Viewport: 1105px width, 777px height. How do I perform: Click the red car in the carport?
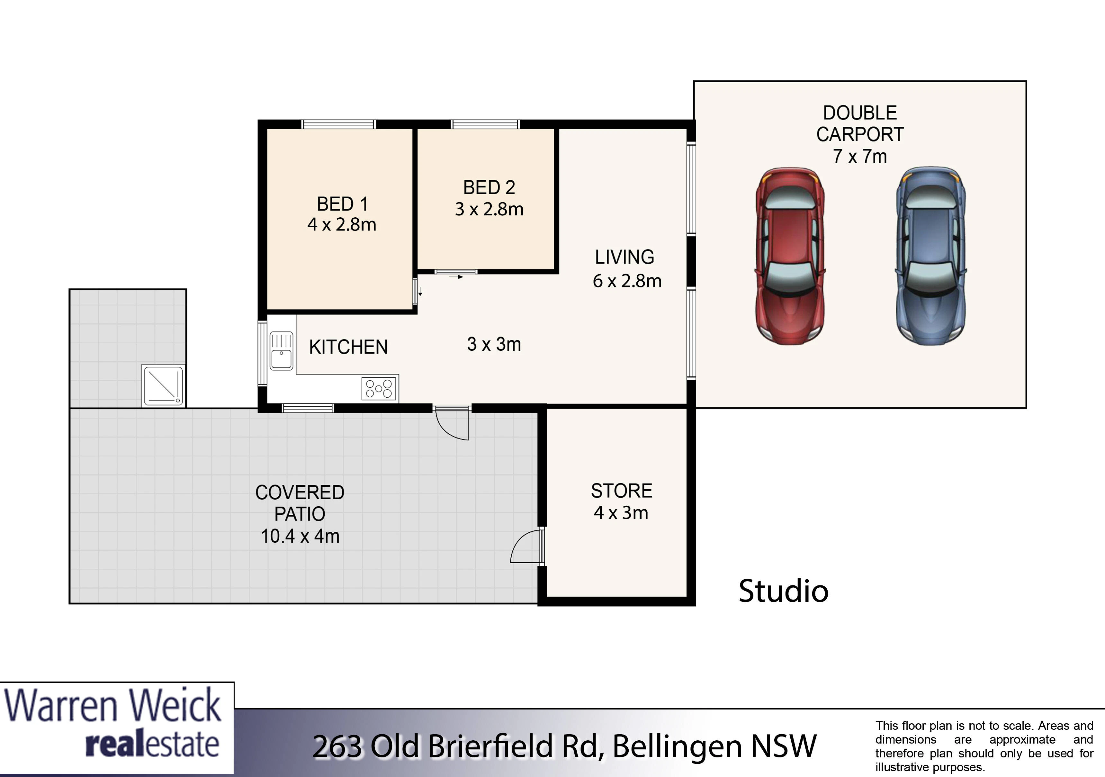pyautogui.click(x=790, y=256)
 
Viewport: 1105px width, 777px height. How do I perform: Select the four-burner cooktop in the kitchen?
pyautogui.click(x=380, y=388)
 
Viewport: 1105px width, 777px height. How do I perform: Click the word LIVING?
pyautogui.click(x=625, y=257)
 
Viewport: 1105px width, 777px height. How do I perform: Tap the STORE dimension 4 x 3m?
pyautogui.click(x=621, y=513)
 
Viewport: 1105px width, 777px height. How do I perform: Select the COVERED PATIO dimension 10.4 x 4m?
pyautogui.click(x=300, y=536)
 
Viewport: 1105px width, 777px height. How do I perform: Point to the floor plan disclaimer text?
pyautogui.click(x=984, y=746)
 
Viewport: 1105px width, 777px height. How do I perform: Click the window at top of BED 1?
pyautogui.click(x=338, y=124)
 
